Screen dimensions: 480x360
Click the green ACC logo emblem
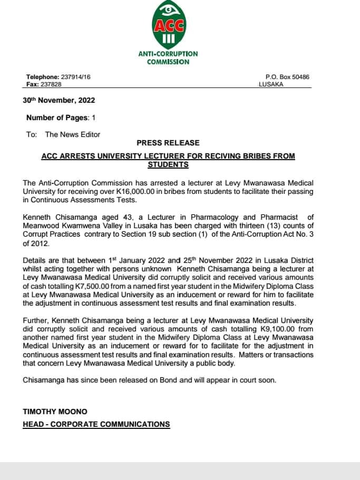point(168,24)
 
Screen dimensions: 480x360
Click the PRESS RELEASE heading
point(168,143)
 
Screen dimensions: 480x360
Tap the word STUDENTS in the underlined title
point(168,165)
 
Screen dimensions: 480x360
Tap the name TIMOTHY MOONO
point(55,411)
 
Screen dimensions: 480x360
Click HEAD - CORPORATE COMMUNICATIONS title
point(96,424)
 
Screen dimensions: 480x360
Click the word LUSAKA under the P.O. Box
point(271,84)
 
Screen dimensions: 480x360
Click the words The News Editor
point(73,134)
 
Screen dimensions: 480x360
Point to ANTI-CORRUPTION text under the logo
point(168,54)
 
